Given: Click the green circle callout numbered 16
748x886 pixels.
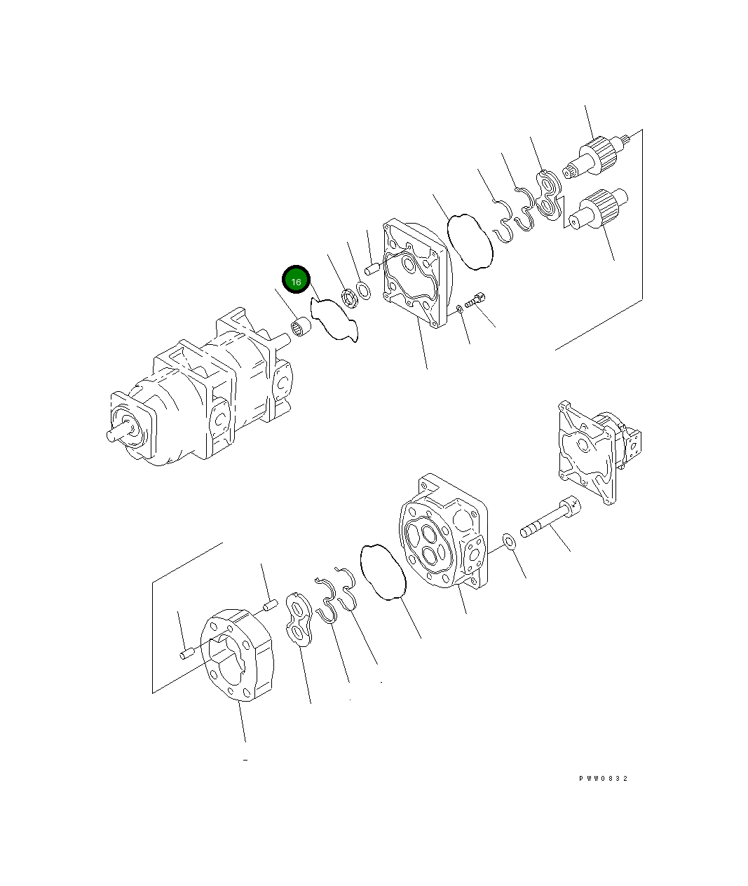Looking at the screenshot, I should pos(296,280).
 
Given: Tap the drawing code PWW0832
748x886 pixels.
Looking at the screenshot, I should pos(603,779).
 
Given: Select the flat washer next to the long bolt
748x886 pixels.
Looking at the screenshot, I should pos(509,541).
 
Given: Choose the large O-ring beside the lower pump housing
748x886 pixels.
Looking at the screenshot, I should pos(383,571).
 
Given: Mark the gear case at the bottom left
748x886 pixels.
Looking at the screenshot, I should pos(236,654).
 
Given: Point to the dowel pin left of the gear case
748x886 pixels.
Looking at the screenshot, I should pos(186,655).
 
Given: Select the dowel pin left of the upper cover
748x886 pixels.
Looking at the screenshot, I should pos(372,267).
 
